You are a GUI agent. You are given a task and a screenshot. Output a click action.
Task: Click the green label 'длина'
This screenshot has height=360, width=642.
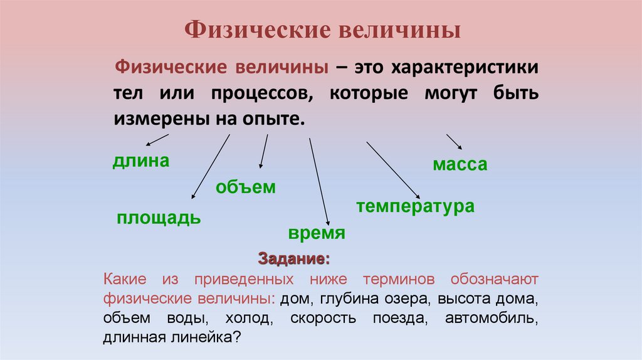tap(141, 161)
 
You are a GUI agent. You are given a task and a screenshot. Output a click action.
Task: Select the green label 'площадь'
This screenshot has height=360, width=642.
tap(159, 218)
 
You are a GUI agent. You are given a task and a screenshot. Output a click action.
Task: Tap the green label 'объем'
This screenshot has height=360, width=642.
tap(246, 187)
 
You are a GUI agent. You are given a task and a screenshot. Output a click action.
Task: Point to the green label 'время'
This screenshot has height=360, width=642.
tap(317, 234)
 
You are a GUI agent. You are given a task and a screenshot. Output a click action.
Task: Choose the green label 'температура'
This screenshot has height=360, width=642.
tap(415, 206)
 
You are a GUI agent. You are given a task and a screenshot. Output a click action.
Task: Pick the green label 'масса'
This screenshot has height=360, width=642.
tap(460, 165)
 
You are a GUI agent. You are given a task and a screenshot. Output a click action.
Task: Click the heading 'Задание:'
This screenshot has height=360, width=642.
tap(293, 258)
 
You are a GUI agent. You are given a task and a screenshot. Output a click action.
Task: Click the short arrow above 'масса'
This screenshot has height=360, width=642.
tap(454, 141)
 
